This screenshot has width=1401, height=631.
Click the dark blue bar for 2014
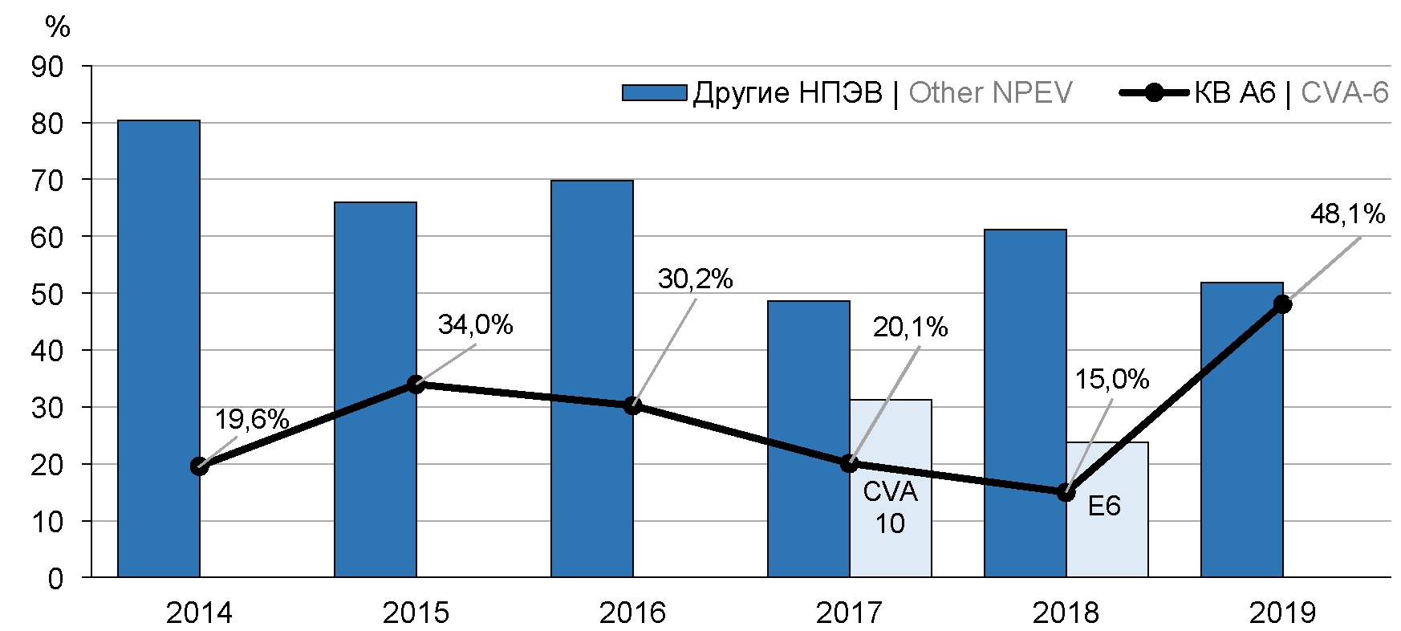(x=159, y=348)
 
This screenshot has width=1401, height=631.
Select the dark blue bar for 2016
(x=592, y=378)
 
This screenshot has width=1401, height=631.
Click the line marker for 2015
(x=416, y=385)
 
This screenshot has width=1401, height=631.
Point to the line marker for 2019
(x=1282, y=304)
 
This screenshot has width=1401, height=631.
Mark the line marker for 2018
(x=1066, y=493)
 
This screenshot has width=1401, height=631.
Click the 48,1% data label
(x=1347, y=214)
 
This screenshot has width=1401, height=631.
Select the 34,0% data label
(x=475, y=324)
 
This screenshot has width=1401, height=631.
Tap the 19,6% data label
(x=251, y=419)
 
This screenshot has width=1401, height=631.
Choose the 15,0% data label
(x=1111, y=379)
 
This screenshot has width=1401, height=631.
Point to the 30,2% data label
(x=695, y=279)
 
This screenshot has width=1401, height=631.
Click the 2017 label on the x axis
(x=849, y=613)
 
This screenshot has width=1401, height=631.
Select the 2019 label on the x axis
(x=1282, y=613)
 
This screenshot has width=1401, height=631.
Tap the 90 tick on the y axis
(x=47, y=67)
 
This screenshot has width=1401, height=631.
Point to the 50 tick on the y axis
(x=47, y=294)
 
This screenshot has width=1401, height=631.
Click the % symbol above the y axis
(x=58, y=27)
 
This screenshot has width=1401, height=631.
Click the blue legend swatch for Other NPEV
(x=654, y=93)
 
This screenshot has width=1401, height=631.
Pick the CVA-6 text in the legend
(x=1344, y=93)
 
